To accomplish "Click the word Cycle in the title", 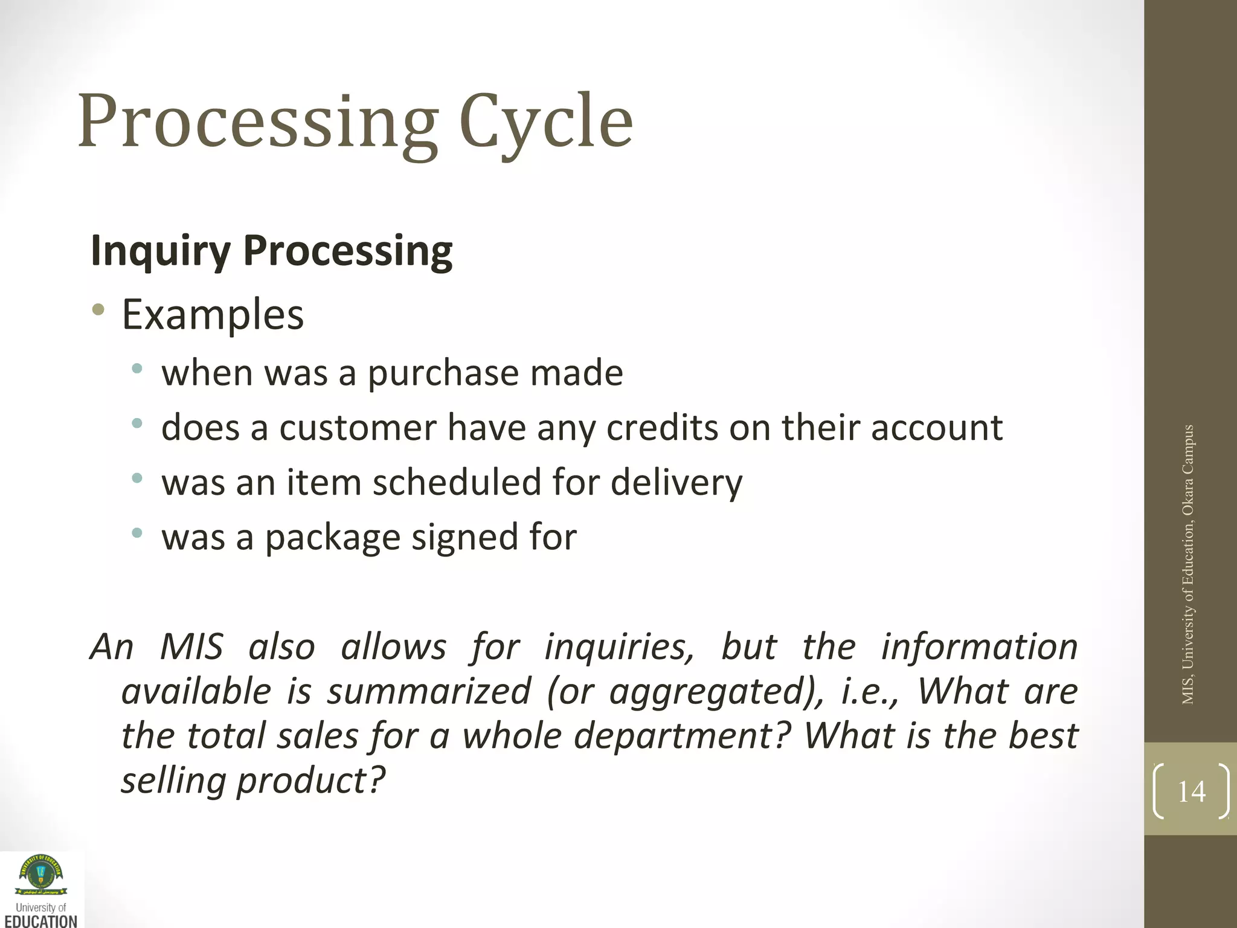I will pyautogui.click(x=546, y=123).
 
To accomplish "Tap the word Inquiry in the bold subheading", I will pyautogui.click(x=161, y=251).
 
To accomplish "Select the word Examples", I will pyautogui.click(x=213, y=315).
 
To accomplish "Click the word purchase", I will pyautogui.click(x=443, y=373).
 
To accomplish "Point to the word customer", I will pyautogui.click(x=358, y=428).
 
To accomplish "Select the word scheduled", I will pyautogui.click(x=457, y=483).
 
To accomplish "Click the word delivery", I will pyautogui.click(x=676, y=483).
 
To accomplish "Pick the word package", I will pyautogui.click(x=333, y=538).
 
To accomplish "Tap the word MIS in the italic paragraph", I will pyautogui.click(x=191, y=647).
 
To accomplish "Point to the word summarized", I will pyautogui.click(x=429, y=692).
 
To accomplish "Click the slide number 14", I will pyautogui.click(x=1191, y=791).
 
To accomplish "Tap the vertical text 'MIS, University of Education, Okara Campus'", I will pyautogui.click(x=1188, y=565).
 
